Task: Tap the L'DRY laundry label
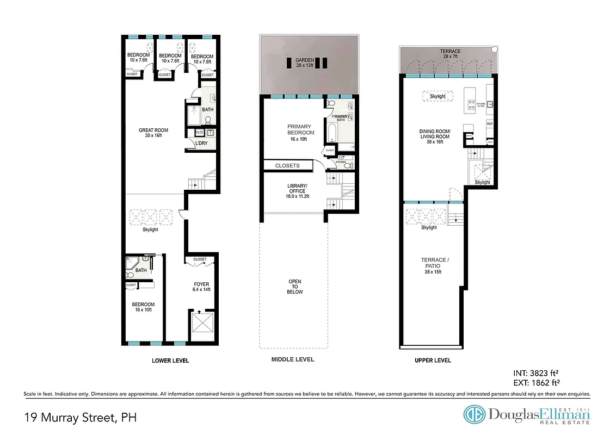[x=202, y=144]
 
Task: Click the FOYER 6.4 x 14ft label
[x=201, y=287]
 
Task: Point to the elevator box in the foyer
[x=202, y=326]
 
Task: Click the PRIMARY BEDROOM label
[x=301, y=129]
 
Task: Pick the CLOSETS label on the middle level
[x=287, y=165]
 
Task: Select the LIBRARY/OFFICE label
[x=298, y=190]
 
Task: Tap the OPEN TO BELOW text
[x=294, y=287]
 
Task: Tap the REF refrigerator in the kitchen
[x=489, y=124]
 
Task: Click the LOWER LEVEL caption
[x=170, y=361]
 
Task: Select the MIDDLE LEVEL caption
[x=293, y=359]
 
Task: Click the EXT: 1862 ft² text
[x=536, y=382]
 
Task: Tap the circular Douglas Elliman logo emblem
[x=475, y=414]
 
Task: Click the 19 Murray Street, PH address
[x=81, y=418]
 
